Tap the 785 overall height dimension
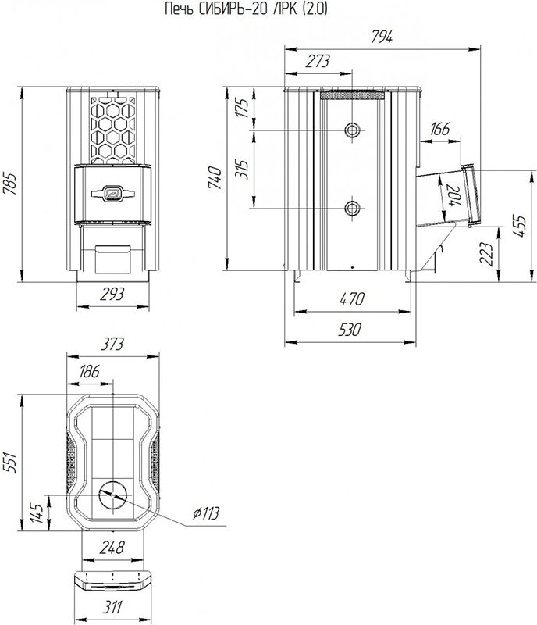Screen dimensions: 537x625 pyautogui.click(x=10, y=184)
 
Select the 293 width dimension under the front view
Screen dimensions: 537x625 pyautogui.click(x=112, y=295)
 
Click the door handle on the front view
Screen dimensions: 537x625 pyautogui.click(x=112, y=194)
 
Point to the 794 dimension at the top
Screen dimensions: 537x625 pyautogui.click(x=382, y=37)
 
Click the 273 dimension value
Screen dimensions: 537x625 pyautogui.click(x=318, y=62)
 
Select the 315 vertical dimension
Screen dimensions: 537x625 pyautogui.click(x=243, y=170)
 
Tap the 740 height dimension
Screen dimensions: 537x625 pyautogui.click(x=215, y=177)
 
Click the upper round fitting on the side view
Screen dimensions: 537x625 pyautogui.click(x=352, y=130)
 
